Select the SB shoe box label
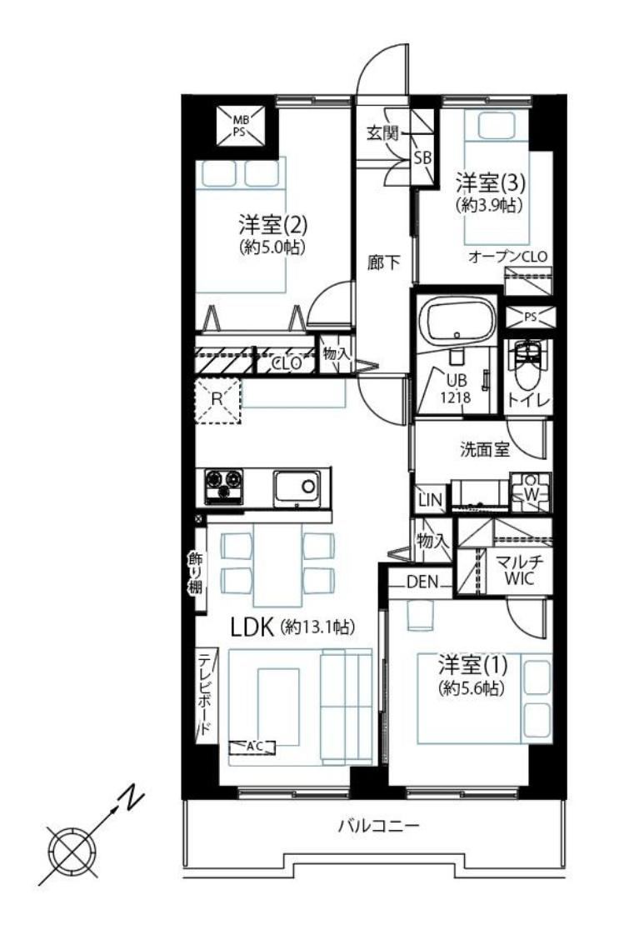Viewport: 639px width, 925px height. [422, 157]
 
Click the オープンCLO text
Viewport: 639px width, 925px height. [508, 257]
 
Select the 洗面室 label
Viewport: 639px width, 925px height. [484, 449]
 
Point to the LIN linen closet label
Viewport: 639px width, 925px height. [430, 500]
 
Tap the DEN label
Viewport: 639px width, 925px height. [422, 582]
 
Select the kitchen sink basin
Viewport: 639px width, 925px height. [297, 487]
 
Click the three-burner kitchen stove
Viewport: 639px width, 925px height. [223, 486]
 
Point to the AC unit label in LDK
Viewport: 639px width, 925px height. [252, 747]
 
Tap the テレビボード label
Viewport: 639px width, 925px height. [204, 693]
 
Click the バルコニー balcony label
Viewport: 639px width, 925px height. [379, 825]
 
